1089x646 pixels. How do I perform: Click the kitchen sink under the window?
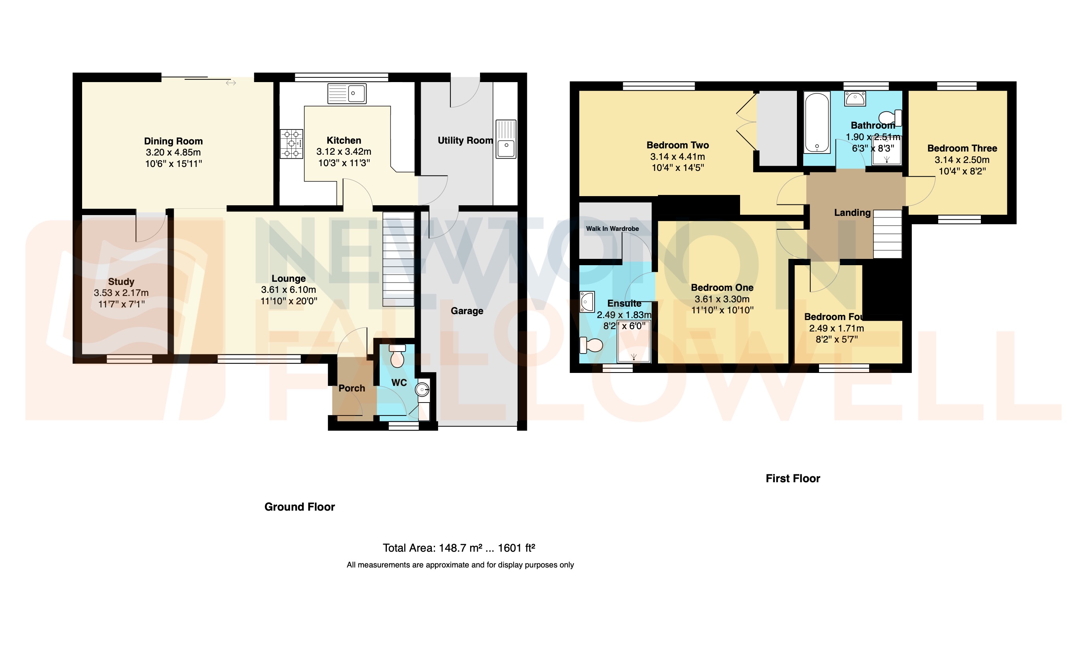(347, 94)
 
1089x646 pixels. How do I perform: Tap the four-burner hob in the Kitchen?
(291, 144)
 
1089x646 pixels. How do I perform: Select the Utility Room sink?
(506, 139)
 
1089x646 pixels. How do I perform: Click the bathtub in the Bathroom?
(817, 122)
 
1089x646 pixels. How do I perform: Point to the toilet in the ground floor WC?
(397, 357)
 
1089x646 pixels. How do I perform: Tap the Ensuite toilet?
(591, 346)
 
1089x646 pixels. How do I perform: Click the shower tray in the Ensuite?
(634, 342)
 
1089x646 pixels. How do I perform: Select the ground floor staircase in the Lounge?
(398, 259)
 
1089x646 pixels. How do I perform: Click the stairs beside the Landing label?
(887, 234)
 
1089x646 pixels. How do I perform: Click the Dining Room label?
(173, 141)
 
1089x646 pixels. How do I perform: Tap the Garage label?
(467, 311)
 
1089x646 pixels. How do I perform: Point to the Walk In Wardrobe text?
(612, 228)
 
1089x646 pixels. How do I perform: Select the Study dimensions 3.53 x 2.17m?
(121, 293)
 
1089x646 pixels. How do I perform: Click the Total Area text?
(459, 548)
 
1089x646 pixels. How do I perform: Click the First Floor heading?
(793, 478)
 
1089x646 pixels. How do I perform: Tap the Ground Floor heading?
(300, 507)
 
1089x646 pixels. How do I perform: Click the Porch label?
(352, 388)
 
